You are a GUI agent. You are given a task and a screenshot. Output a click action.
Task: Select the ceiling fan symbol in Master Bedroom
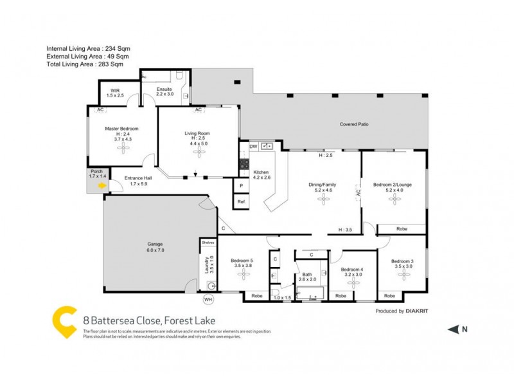coord(122,147)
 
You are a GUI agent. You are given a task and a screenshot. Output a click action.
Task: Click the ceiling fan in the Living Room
coord(198,152)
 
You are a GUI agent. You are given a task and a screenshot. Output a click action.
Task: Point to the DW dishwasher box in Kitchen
coord(253,147)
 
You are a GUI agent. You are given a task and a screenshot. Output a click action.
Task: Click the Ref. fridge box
coord(242,202)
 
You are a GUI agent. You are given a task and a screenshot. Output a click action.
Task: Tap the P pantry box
coord(242,185)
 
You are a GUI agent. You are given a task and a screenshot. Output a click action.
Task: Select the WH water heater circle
coord(208,299)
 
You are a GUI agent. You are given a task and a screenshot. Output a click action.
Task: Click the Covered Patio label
coord(354,124)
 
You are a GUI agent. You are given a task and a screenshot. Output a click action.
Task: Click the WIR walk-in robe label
coord(115,91)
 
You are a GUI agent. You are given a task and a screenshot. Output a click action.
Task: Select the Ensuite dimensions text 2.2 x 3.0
coord(164,95)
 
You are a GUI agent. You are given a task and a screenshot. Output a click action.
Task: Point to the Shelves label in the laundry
coord(208,243)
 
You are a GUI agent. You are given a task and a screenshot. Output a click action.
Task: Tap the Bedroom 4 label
coord(352,270)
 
